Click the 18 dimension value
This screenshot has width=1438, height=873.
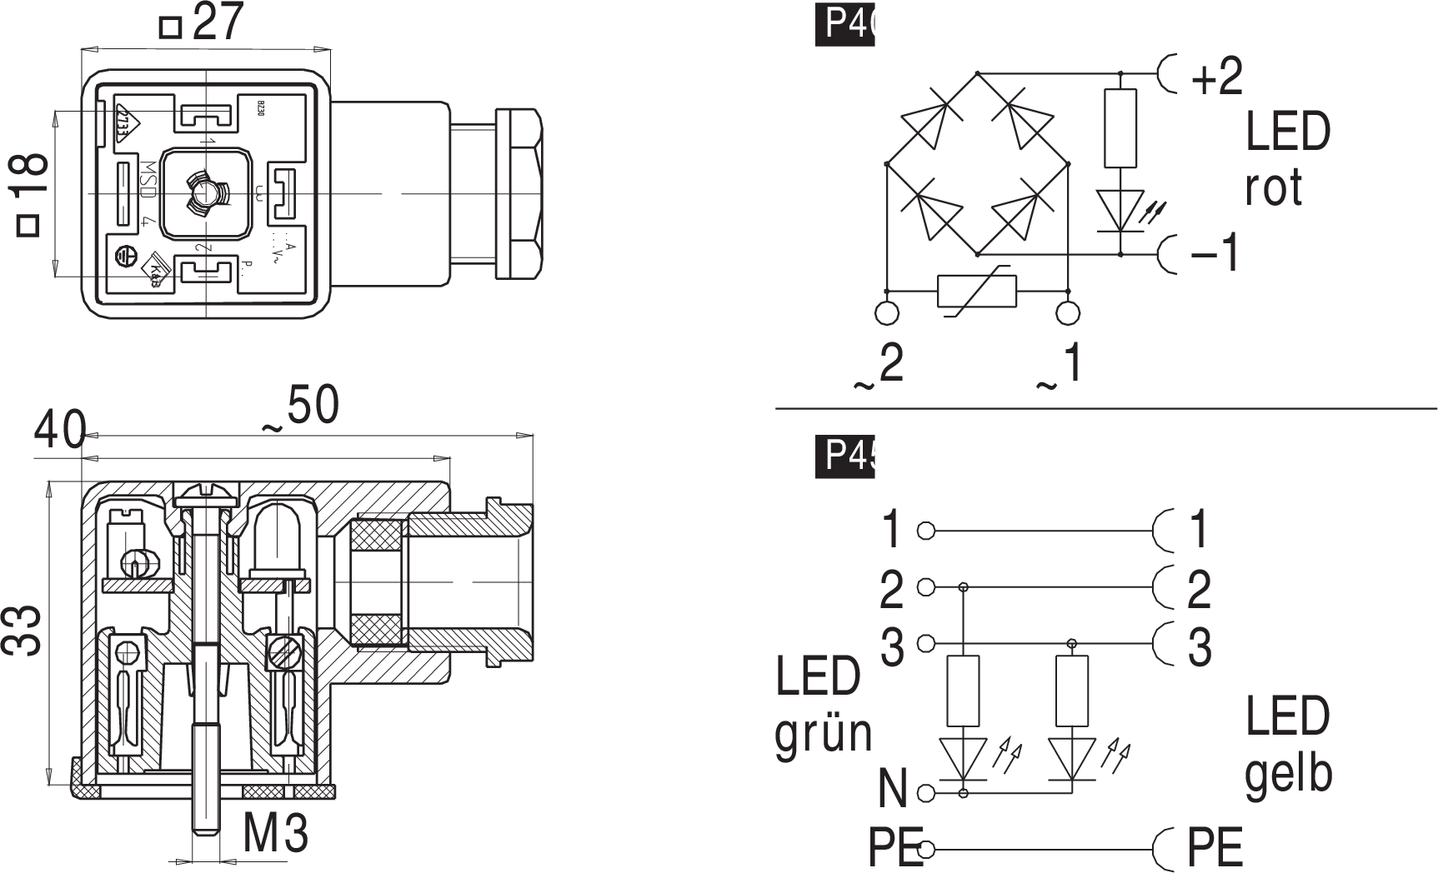[x=30, y=172]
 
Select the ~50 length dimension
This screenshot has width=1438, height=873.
[x=302, y=408]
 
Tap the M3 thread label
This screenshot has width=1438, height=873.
[x=276, y=831]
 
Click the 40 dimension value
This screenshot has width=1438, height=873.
[x=59, y=432]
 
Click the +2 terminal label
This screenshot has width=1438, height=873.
[x=1216, y=77]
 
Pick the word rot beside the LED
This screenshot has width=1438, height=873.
[x=1273, y=188]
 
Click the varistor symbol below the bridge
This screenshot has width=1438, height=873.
[x=977, y=292]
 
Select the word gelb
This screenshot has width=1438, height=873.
[x=1288, y=773]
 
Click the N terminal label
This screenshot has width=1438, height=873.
[x=893, y=788]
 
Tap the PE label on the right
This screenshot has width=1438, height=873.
[x=1215, y=848]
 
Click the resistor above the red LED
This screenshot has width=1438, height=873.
[x=1120, y=129]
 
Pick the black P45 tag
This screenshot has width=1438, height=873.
[x=845, y=455]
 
